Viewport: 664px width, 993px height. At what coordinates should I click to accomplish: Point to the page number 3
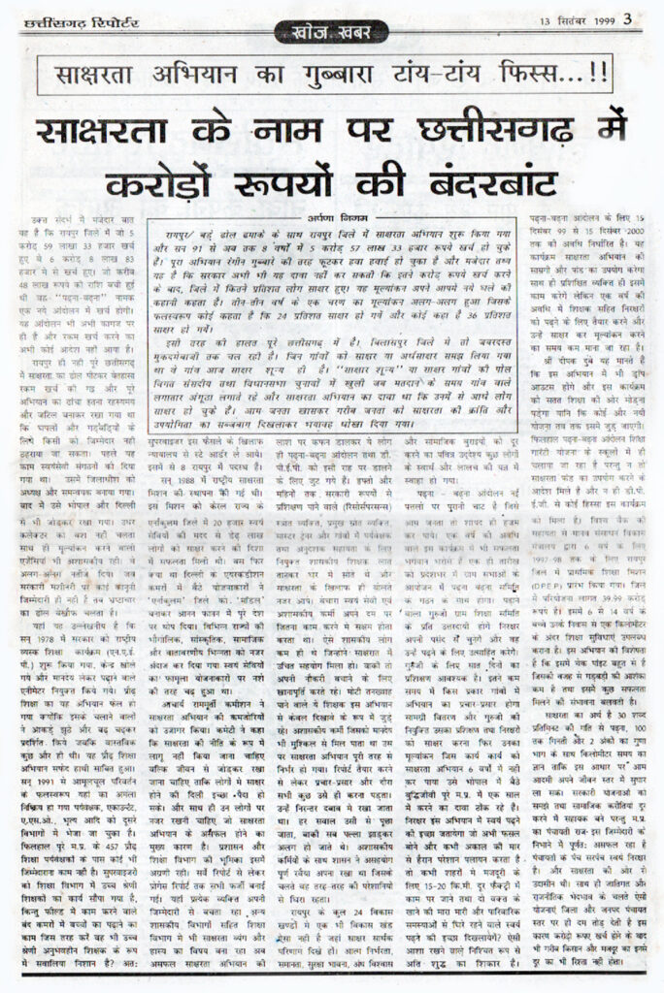point(628,16)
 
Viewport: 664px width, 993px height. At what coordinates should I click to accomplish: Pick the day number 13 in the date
point(537,17)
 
